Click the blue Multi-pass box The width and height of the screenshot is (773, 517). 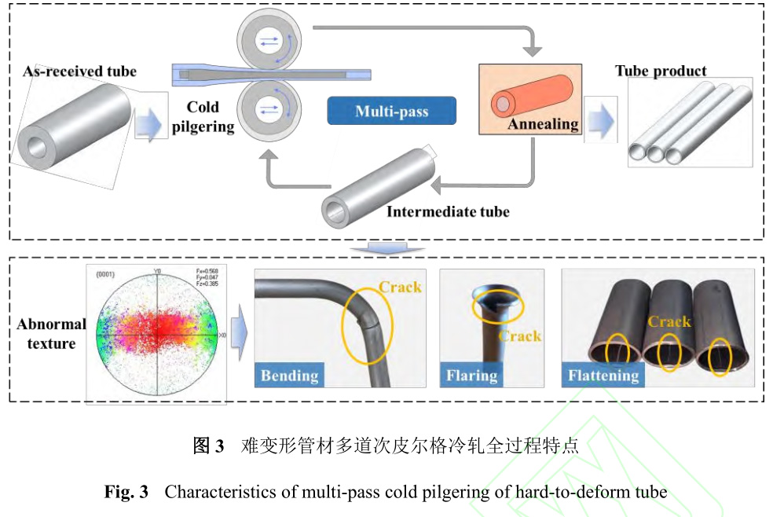point(391,111)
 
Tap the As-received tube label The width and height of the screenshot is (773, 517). point(79,71)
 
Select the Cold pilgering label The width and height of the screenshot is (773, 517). point(203,116)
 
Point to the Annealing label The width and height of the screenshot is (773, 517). point(543,123)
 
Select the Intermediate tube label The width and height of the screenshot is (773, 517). point(447,211)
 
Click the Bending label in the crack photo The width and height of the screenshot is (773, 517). point(289,376)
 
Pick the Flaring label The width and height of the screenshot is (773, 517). point(471,376)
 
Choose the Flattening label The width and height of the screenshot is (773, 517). point(603,376)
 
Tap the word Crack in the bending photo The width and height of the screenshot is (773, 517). point(400,287)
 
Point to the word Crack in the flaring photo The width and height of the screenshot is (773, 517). point(520,336)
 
